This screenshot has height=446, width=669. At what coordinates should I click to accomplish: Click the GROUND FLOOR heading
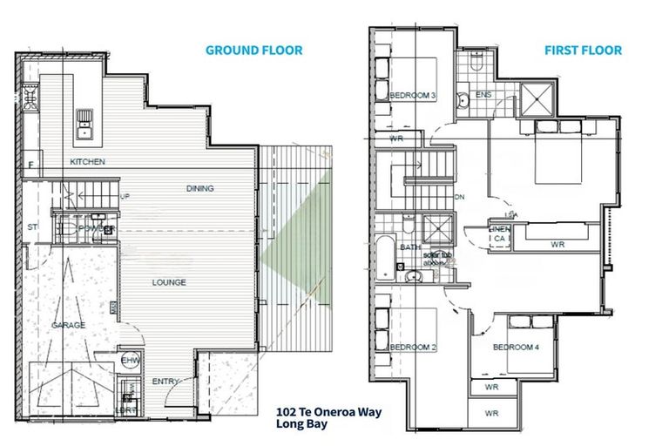pyautogui.click(x=253, y=51)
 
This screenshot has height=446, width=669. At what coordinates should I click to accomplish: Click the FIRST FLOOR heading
pyautogui.click(x=584, y=51)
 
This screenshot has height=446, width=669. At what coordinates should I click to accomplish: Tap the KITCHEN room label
pyautogui.click(x=87, y=162)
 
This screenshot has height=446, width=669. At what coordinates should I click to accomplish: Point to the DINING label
pyautogui.click(x=200, y=188)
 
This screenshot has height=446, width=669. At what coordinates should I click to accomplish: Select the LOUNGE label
pyautogui.click(x=169, y=282)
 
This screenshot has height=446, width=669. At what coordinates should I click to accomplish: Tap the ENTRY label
pyautogui.click(x=166, y=382)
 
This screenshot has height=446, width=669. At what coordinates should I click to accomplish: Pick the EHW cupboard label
pyautogui.click(x=131, y=360)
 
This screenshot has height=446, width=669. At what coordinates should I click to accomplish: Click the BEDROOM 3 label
pyautogui.click(x=412, y=96)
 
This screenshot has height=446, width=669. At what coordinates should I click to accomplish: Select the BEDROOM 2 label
pyautogui.click(x=412, y=347)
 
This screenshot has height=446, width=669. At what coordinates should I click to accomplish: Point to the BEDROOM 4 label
pyautogui.click(x=515, y=347)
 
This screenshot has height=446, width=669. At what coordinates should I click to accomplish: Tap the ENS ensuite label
pyautogui.click(x=483, y=94)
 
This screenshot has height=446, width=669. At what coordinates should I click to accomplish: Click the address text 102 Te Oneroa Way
pyautogui.click(x=328, y=411)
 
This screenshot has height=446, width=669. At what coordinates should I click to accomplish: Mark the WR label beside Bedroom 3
pyautogui.click(x=395, y=138)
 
